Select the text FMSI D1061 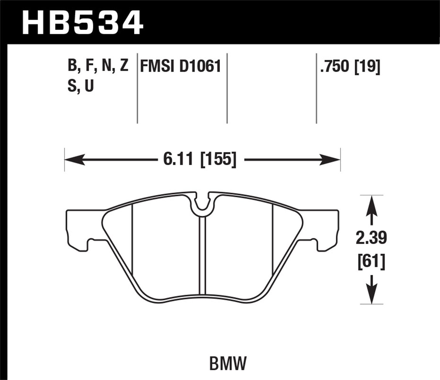pyautogui.click(x=180, y=66)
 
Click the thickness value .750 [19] pyautogui.click(x=350, y=66)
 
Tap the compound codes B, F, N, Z pyautogui.click(x=98, y=65)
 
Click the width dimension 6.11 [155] pyautogui.click(x=199, y=160)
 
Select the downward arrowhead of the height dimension pyautogui.click(x=371, y=295)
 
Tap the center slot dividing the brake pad pyautogui.click(x=202, y=255)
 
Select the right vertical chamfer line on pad pyautogui.click(x=273, y=239)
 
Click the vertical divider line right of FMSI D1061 pyautogui.click(x=227, y=88)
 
